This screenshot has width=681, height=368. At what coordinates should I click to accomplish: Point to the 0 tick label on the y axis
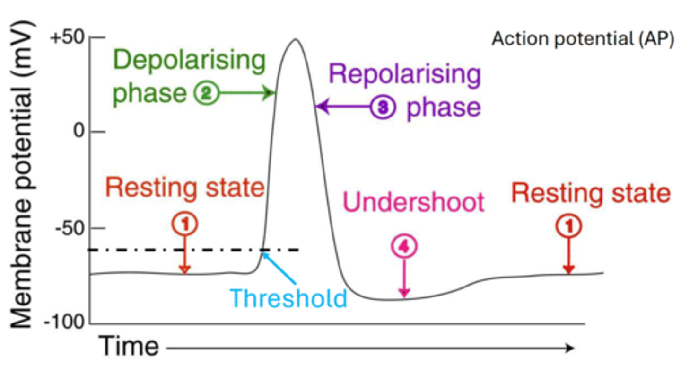click(x=78, y=132)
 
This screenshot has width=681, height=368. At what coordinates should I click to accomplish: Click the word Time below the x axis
click(x=129, y=347)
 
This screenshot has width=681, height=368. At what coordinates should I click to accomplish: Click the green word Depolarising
click(x=189, y=61)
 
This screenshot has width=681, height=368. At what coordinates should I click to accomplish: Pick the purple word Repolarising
click(x=405, y=75)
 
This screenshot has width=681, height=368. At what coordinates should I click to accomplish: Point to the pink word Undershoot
click(x=413, y=202)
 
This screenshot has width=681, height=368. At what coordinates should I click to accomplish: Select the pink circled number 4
click(x=403, y=247)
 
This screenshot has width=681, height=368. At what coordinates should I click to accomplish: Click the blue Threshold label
click(x=288, y=298)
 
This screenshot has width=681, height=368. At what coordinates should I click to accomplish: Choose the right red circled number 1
click(x=568, y=227)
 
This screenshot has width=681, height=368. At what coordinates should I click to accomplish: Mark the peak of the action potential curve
click(x=295, y=39)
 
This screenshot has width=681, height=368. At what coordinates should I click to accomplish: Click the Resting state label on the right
click(x=591, y=194)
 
